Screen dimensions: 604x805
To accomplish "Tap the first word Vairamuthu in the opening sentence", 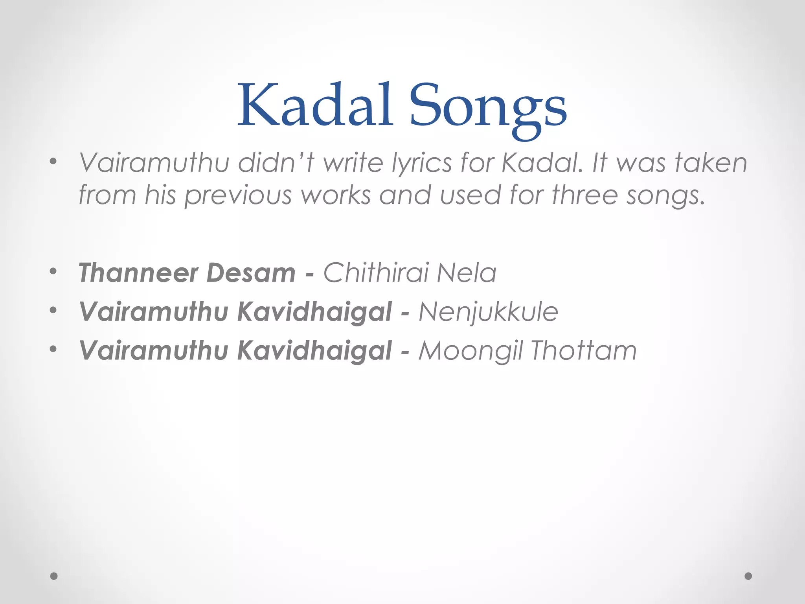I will (x=154, y=163).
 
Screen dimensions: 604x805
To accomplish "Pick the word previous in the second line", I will (x=238, y=195).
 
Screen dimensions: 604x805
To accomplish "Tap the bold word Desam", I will (x=251, y=273).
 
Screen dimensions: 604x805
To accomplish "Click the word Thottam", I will (x=583, y=350).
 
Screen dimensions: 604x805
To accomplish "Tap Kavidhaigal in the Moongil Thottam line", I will (x=314, y=351).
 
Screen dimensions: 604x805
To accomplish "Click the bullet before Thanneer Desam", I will (x=53, y=271).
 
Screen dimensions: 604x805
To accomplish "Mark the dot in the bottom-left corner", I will (x=54, y=576).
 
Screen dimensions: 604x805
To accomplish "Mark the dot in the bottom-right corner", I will (x=748, y=576).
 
